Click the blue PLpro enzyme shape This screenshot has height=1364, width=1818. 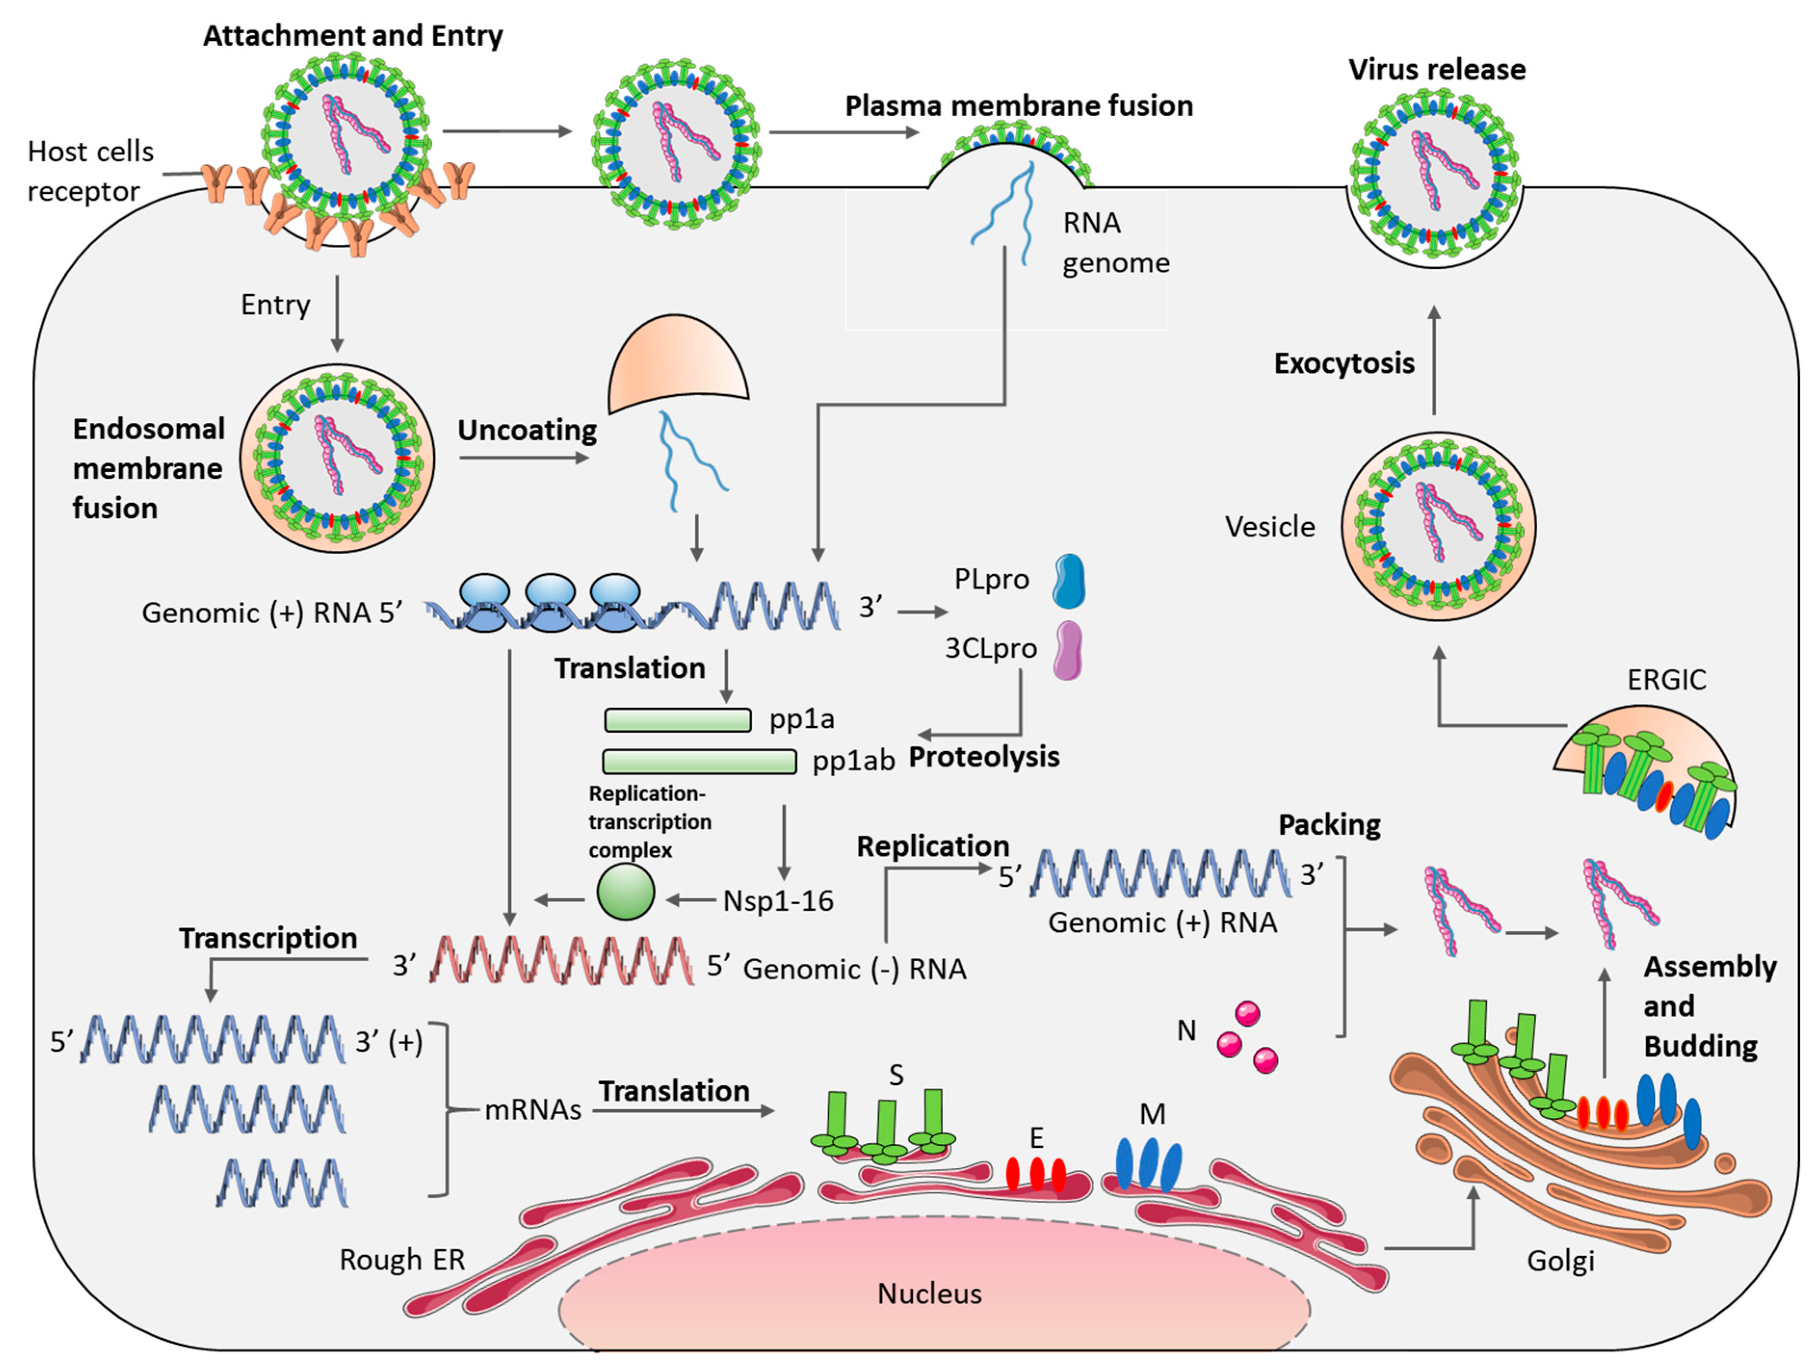coord(1069,580)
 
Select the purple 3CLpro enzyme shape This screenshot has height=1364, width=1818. coord(1068,650)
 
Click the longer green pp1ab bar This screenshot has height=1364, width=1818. coord(699,761)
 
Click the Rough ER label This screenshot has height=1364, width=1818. coord(402,1259)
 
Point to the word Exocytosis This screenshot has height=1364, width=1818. coord(1344,364)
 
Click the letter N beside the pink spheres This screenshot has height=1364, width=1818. coord(1186,1030)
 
